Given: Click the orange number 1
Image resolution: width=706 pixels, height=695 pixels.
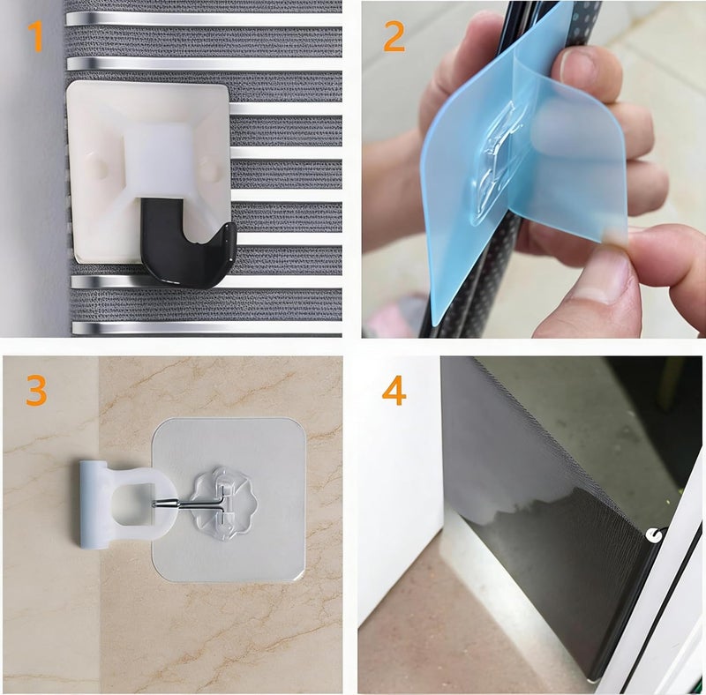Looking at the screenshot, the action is pyautogui.click(x=35, y=36).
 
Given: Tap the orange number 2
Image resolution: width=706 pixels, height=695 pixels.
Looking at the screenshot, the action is pyautogui.click(x=394, y=35).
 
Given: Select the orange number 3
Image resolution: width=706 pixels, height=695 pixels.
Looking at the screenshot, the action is pyautogui.click(x=36, y=390).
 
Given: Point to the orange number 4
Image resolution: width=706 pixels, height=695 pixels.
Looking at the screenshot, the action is pyautogui.click(x=394, y=390).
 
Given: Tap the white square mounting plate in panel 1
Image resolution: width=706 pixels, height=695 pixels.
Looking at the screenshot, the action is pyautogui.click(x=148, y=171).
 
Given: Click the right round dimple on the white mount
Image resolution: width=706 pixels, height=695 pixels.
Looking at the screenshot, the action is pyautogui.click(x=208, y=167).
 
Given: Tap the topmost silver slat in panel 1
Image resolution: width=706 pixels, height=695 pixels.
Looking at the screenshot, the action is pyautogui.click(x=204, y=19).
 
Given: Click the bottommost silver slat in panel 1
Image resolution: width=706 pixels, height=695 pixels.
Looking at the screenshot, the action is pyautogui.click(x=207, y=327).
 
